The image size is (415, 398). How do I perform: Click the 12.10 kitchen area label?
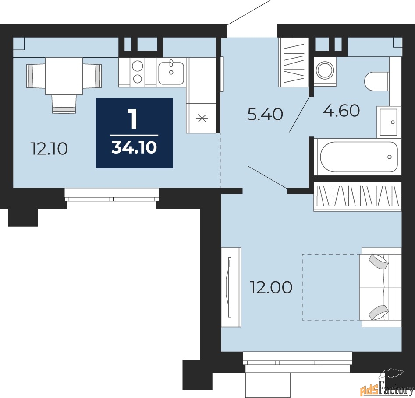[x=49, y=149]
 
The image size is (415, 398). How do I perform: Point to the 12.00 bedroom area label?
[x=271, y=288]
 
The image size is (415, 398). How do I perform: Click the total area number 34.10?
[x=134, y=148]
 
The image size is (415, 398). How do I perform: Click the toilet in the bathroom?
[x=376, y=81]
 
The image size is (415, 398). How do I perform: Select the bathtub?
[x=358, y=157]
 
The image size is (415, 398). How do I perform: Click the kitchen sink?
[x=171, y=73]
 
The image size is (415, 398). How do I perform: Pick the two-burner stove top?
[x=137, y=73]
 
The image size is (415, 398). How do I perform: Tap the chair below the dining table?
[x=64, y=104]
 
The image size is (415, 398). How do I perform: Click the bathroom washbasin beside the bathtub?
[x=388, y=122]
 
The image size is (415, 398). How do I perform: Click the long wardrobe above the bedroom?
[x=358, y=196]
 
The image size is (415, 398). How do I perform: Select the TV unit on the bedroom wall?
[x=231, y=286]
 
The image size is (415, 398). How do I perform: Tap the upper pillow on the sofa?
[x=379, y=262]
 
